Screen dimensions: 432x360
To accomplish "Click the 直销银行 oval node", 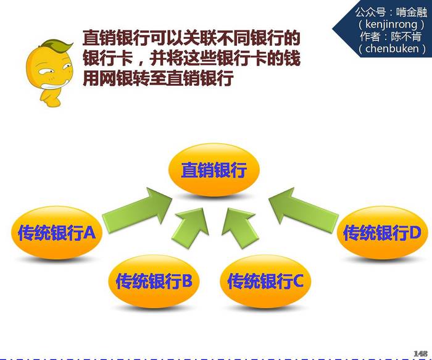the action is (x=214, y=169).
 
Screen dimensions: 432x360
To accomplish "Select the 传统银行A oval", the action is (x=57, y=233).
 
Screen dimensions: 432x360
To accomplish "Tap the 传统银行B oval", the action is (x=154, y=281).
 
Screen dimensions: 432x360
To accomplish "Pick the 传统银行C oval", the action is (x=265, y=281).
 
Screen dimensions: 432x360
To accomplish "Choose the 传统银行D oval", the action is (x=382, y=233).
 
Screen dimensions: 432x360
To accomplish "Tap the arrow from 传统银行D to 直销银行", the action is (x=303, y=210).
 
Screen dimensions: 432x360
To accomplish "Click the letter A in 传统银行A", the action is (x=89, y=232).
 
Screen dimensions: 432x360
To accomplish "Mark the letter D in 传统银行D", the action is (x=415, y=232).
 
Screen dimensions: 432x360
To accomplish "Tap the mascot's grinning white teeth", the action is (x=54, y=85).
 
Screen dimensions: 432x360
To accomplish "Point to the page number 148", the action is (x=421, y=354).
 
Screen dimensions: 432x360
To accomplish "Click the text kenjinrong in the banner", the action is (x=391, y=25).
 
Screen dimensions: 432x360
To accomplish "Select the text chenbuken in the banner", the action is (x=392, y=49).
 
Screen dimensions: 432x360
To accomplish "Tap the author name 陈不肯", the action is (x=406, y=36).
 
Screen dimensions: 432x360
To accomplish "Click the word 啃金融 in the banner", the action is (x=412, y=12).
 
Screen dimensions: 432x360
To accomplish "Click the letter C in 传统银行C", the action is (x=298, y=281).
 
